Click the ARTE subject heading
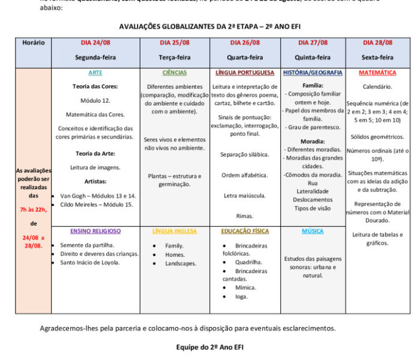coord(95,73)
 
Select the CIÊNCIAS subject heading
coord(174,73)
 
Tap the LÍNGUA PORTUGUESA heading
coord(245,73)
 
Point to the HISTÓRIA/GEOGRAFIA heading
coord(313,73)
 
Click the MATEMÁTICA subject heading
coord(377,73)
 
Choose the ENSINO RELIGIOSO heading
coord(95,231)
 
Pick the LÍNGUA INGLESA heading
coord(174,231)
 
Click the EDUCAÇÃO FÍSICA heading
coord(245,231)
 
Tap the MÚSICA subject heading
coord(313,231)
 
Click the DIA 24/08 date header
coord(95,43)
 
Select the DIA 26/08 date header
coord(245,43)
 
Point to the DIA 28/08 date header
coord(377,43)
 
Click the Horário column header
coord(34,43)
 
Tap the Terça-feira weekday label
coord(174,58)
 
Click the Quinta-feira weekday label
coord(313,58)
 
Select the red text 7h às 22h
coord(34,209)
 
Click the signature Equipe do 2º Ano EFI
coord(210,347)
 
